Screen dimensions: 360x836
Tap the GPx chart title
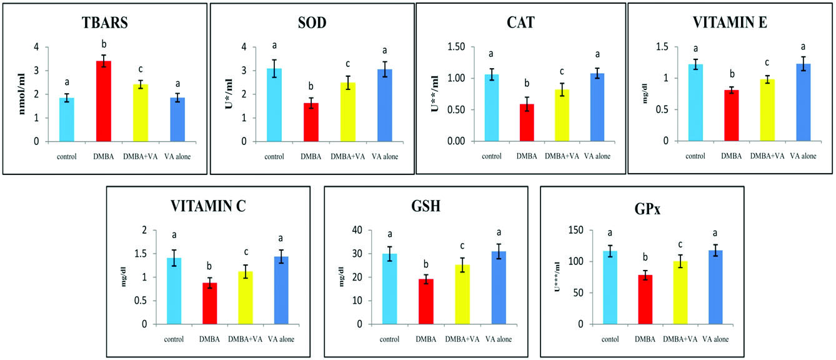[642, 206]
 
